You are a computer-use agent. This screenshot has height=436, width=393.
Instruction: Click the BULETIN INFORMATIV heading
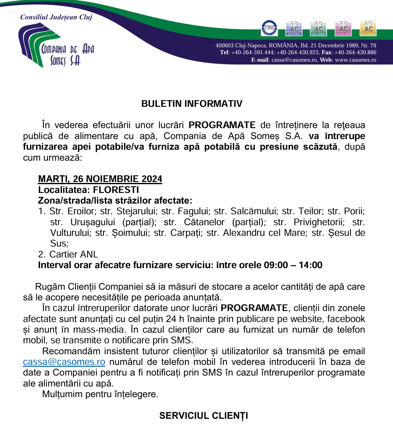pyautogui.click(x=192, y=104)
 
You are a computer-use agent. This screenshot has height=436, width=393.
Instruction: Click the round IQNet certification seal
pyautogui.click(x=269, y=28)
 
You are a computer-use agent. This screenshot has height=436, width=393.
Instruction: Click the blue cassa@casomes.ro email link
pyautogui.click(x=64, y=362)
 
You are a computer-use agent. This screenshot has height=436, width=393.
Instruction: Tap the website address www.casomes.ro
pyautogui.click(x=355, y=60)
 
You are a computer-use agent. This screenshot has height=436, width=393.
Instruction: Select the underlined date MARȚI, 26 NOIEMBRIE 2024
pyautogui.click(x=100, y=179)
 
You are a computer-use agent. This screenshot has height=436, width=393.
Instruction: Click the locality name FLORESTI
pyautogui.click(x=116, y=190)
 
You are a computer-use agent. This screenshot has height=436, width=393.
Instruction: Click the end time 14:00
pyautogui.click(x=310, y=265)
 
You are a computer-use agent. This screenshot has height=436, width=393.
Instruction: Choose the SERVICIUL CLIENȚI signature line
pyautogui.click(x=204, y=416)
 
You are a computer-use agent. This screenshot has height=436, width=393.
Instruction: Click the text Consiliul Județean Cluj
pyautogui.click(x=56, y=17)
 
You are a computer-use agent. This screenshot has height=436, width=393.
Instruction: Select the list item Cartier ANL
pyautogui.click(x=74, y=254)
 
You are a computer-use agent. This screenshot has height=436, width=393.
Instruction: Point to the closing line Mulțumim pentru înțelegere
pyautogui.click(x=100, y=394)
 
